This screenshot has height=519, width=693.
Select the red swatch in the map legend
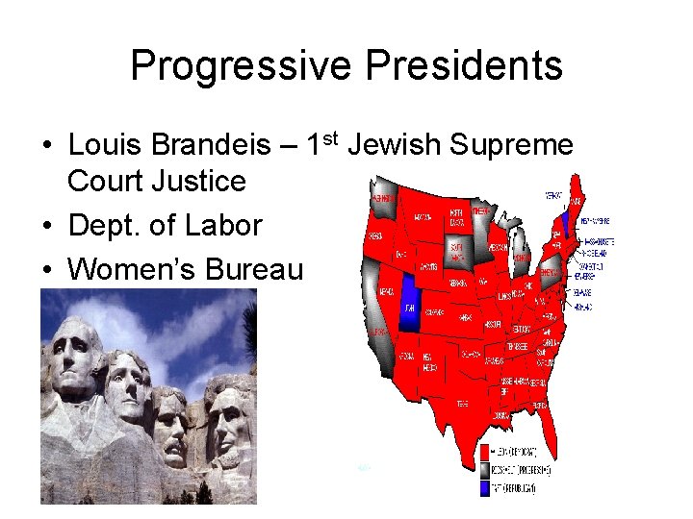(485, 450)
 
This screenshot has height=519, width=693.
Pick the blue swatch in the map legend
(485, 488)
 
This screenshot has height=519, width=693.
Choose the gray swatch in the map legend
(485, 469)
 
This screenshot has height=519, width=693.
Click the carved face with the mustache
(171, 424)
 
